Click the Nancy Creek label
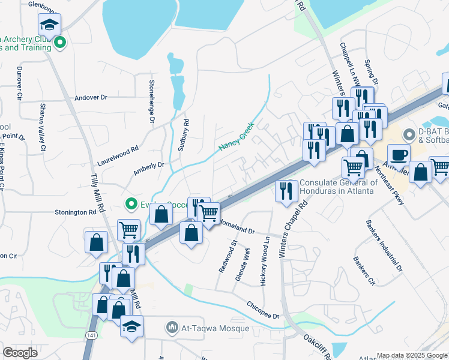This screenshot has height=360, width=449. click(x=237, y=137)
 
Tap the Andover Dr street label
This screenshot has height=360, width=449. click(x=91, y=97)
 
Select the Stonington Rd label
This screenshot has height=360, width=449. click(x=76, y=212)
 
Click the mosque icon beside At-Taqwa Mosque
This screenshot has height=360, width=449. click(x=173, y=328)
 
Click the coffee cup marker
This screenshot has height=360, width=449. click(x=399, y=154)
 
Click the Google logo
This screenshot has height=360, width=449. click(x=20, y=353)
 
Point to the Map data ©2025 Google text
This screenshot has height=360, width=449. click(x=412, y=355)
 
